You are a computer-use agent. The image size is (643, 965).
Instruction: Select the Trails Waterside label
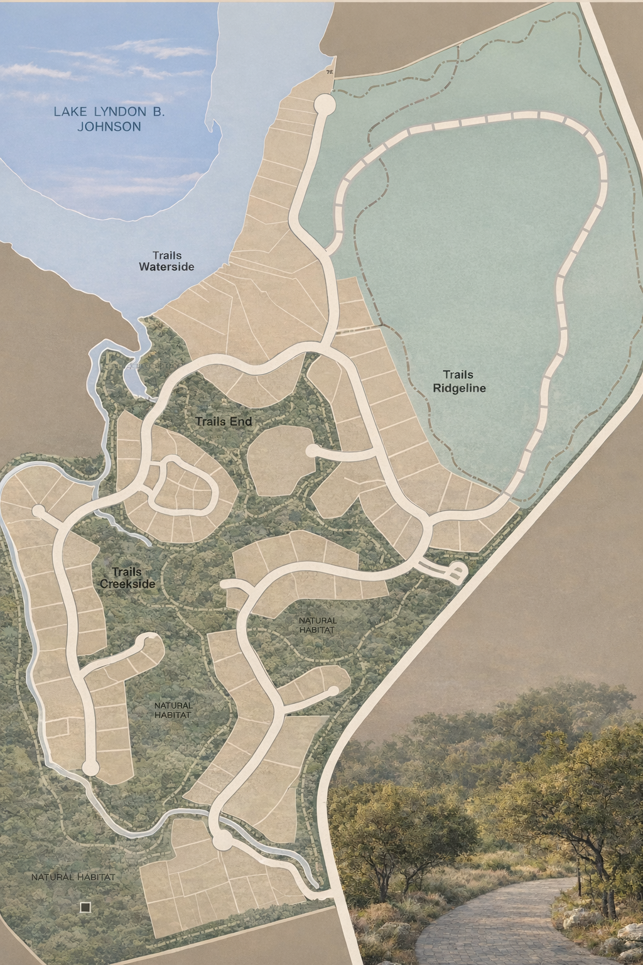click(166, 261)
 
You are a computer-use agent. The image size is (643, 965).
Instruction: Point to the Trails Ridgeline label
click(460, 381)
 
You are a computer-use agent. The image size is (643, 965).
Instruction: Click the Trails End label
click(224, 421)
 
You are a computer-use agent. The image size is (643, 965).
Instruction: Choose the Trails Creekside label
click(127, 578)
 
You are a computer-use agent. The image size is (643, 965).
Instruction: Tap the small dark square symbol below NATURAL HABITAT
click(85, 907)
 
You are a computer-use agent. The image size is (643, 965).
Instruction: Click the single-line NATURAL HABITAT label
click(73, 876)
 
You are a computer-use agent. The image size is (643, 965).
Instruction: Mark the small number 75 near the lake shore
click(330, 73)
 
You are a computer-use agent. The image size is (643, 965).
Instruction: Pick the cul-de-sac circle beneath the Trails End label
click(310, 450)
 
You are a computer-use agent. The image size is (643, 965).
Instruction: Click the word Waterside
click(166, 267)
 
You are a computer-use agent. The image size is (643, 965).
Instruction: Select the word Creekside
click(127, 584)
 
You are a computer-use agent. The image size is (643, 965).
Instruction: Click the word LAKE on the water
click(70, 112)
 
